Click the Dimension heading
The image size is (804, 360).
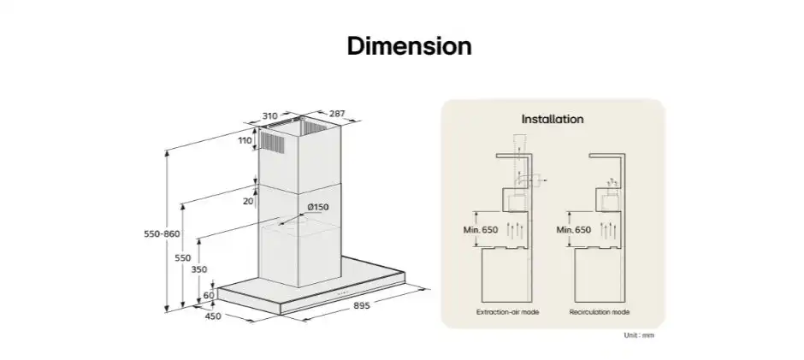coord(409,45)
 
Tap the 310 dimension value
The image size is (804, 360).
coord(269,116)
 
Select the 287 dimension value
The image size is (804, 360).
coord(337,114)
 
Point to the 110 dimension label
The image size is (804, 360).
coord(245,140)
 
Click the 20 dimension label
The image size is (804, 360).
coord(248,201)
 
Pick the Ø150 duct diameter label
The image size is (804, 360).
coord(318,207)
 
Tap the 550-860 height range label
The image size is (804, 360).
coord(162,233)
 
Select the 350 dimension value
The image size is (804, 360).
coord(199,269)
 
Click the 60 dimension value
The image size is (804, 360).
coord(209,295)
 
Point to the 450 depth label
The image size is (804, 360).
coord(213,316)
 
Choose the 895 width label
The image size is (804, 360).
coord(362,305)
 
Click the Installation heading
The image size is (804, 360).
coord(553,119)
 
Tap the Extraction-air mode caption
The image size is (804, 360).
coord(507,312)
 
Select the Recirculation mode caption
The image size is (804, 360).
coord(600,312)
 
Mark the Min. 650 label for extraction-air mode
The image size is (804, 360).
coord(481,230)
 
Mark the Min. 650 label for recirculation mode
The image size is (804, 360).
coord(573,230)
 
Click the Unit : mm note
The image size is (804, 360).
coord(639,335)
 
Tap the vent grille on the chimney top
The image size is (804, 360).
coord(272,142)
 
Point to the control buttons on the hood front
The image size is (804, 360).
coord(342,293)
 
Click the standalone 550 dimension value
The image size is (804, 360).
coord(182,258)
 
